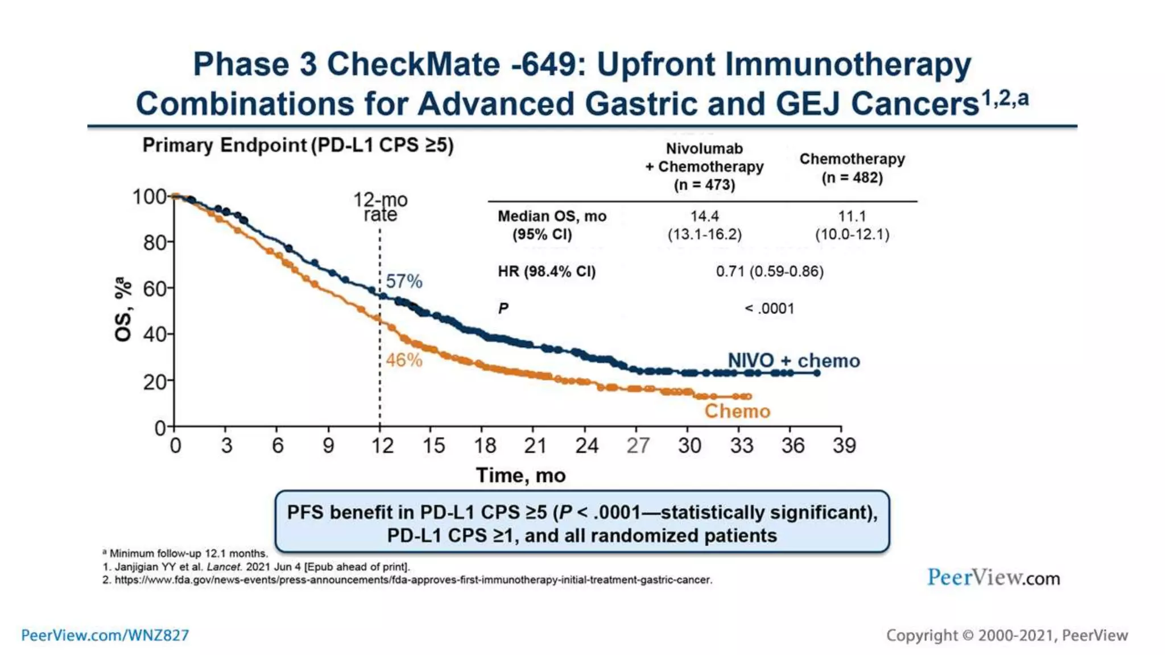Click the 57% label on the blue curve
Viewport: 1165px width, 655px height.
point(404,281)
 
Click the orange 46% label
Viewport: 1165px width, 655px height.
point(404,360)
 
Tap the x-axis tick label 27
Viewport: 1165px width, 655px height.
point(638,445)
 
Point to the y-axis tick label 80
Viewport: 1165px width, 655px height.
point(154,243)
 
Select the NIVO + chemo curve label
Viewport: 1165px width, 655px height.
point(794,360)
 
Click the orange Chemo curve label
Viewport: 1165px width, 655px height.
point(737,411)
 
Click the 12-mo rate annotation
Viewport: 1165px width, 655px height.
point(381,207)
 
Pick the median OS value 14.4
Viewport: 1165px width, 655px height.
point(704,216)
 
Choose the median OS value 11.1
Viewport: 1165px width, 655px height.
point(852,216)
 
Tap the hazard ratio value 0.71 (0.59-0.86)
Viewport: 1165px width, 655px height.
point(770,271)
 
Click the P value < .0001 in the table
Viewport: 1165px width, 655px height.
point(770,308)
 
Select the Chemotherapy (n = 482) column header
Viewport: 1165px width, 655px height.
point(852,168)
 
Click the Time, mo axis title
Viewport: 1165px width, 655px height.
point(520,475)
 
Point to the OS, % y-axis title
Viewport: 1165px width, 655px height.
point(123,310)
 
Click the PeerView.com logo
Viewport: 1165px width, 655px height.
point(993,578)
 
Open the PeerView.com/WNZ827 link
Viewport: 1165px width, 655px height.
point(105,635)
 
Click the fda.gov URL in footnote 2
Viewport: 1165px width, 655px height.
point(413,580)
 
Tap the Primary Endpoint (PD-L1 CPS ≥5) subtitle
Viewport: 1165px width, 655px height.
point(298,145)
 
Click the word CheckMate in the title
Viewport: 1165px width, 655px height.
point(413,64)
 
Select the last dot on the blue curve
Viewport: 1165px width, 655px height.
point(817,373)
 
